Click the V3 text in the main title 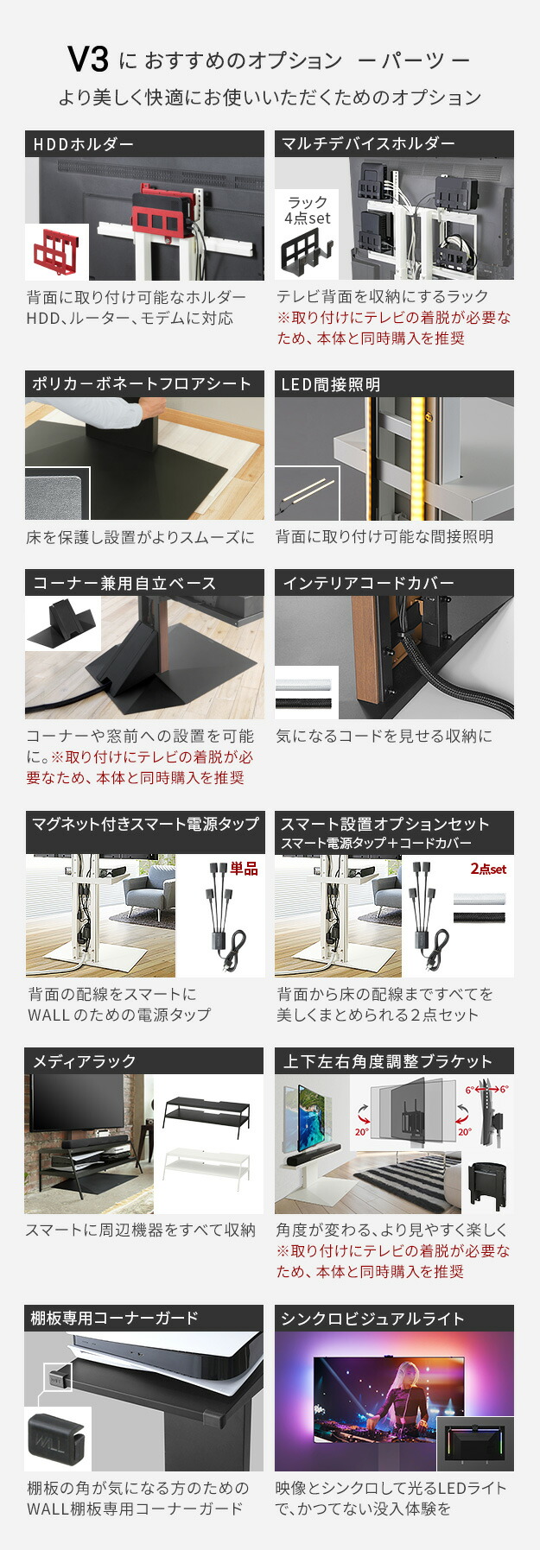click(88, 60)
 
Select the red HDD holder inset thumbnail click(57, 252)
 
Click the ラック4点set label click(308, 211)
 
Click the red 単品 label click(244, 869)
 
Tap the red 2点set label click(488, 869)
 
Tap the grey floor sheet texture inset click(57, 495)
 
